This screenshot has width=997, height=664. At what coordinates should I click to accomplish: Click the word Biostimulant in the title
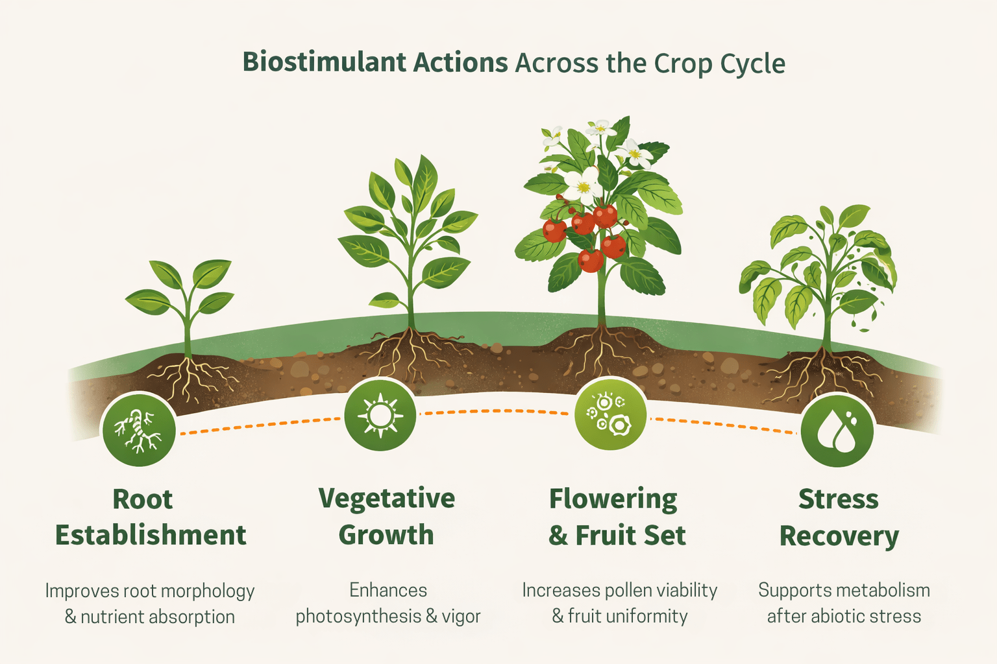(x=310, y=63)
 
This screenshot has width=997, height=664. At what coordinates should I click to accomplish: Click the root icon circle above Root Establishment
(x=138, y=429)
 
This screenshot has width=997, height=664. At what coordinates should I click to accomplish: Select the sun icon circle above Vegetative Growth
(x=380, y=415)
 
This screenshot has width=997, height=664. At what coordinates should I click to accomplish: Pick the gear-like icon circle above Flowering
(x=610, y=414)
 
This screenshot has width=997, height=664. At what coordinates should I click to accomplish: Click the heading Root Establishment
(x=150, y=517)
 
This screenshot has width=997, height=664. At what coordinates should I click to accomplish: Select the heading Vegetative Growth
(x=386, y=517)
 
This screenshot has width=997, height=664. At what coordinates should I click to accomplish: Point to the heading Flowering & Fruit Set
(x=617, y=517)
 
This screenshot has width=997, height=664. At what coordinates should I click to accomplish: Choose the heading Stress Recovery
(x=839, y=517)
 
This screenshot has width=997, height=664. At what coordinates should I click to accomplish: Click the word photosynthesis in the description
(x=358, y=616)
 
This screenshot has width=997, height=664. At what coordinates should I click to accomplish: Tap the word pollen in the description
(x=628, y=590)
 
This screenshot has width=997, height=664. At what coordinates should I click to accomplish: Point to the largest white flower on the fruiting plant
(x=582, y=185)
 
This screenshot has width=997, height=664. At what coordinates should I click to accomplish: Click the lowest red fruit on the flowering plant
(x=590, y=260)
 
